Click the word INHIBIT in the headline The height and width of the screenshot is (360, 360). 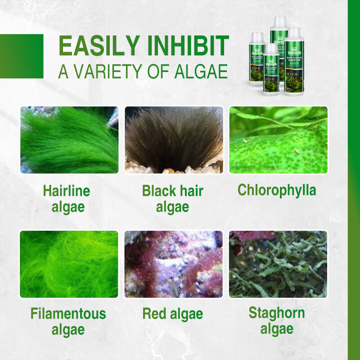click(184, 46)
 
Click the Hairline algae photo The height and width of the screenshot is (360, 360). click(69, 140)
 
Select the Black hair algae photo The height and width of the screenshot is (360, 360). click(174, 140)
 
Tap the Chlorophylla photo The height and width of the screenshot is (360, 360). click(278, 140)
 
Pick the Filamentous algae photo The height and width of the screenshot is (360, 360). click(68, 264)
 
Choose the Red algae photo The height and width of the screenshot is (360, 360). click(174, 264)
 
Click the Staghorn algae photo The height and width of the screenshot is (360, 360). click(278, 264)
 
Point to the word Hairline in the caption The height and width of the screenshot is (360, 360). click(67, 191)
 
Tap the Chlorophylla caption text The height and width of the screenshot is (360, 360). click(277, 190)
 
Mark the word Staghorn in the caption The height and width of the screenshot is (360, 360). click(277, 313)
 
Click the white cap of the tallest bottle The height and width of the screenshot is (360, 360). click(279, 21)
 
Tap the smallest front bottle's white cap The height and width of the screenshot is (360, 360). click(271, 47)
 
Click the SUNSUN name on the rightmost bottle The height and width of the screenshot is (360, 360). click(294, 49)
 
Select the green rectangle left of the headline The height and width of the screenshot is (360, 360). click(22, 56)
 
